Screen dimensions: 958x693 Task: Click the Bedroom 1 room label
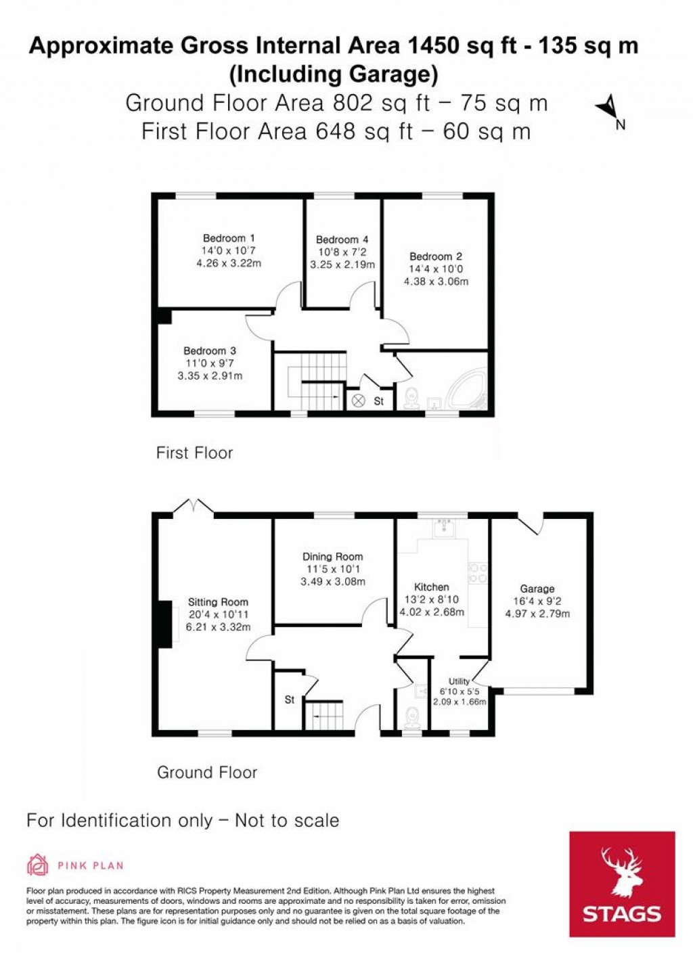(229, 238)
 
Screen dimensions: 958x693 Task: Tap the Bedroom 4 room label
(342, 239)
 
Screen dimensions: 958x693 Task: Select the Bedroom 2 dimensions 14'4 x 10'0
(436, 269)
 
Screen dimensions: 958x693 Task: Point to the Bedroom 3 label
(210, 350)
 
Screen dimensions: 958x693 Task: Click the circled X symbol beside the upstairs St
(358, 401)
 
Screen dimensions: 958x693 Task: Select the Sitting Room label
(218, 601)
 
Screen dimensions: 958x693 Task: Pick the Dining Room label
(332, 557)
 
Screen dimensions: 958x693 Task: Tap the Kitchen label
(431, 587)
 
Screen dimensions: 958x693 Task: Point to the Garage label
(537, 589)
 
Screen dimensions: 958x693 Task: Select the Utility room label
(459, 681)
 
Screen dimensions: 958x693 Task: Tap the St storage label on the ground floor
(289, 700)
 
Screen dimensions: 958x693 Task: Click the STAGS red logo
(621, 884)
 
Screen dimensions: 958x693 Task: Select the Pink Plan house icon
(38, 865)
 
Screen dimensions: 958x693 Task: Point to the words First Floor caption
(194, 453)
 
